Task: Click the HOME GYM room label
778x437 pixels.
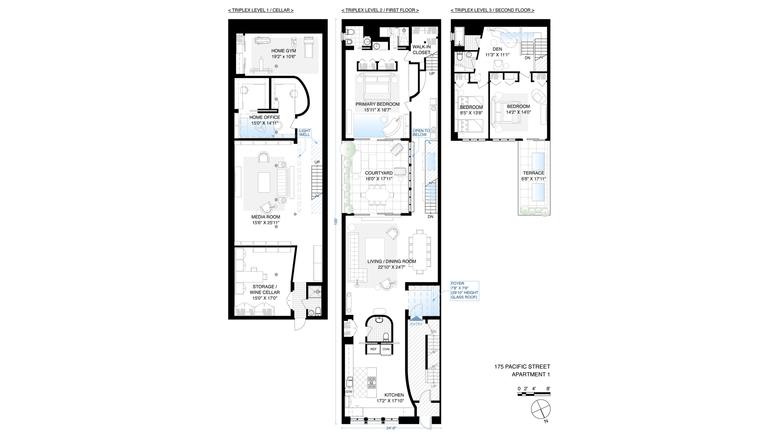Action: (283, 51)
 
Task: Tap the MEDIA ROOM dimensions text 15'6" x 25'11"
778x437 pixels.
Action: (265, 223)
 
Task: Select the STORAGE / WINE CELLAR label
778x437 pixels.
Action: (264, 289)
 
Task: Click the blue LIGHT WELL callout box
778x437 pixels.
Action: (305, 133)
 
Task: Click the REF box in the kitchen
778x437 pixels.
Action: (373, 349)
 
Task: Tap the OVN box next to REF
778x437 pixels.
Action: (386, 349)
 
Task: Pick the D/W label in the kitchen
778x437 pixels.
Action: (349, 392)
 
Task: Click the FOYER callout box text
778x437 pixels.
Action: (464, 291)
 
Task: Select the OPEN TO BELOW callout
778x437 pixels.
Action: (421, 133)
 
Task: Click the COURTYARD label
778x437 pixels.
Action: (378, 173)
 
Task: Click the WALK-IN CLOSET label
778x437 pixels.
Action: (421, 50)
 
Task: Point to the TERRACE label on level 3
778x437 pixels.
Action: (533, 173)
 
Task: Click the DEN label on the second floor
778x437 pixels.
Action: (497, 49)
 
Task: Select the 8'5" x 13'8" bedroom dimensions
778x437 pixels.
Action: (471, 113)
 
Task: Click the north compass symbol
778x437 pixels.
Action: (541, 409)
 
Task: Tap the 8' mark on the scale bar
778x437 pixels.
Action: (548, 388)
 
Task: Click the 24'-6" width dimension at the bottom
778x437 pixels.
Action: (391, 428)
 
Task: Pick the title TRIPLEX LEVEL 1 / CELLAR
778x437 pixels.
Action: (261, 10)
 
